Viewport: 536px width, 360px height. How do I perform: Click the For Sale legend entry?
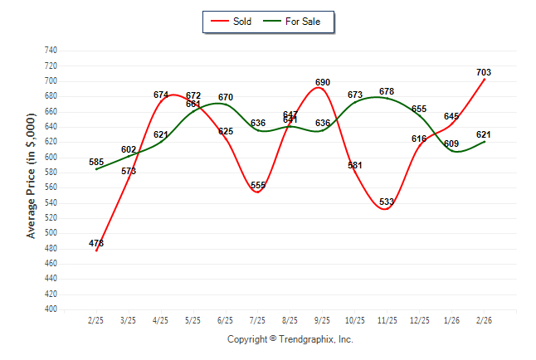pyautogui.click(x=296, y=22)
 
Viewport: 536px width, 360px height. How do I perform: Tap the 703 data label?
pyautogui.click(x=485, y=72)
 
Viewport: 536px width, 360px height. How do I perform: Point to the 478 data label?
pyautogui.click(x=96, y=243)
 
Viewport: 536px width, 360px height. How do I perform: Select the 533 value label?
pyautogui.click(x=387, y=202)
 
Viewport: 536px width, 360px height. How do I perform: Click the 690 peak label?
pyautogui.click(x=323, y=82)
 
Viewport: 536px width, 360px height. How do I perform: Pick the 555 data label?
pyautogui.click(x=258, y=185)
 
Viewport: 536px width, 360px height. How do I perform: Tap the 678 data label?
pyautogui.click(x=387, y=91)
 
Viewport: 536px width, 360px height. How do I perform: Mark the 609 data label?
pyautogui.click(x=452, y=144)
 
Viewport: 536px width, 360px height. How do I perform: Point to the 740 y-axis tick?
pyautogui.click(x=50, y=51)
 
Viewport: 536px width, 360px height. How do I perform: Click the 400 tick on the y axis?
pyautogui.click(x=50, y=309)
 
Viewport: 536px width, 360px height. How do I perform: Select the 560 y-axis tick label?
pyautogui.click(x=50, y=187)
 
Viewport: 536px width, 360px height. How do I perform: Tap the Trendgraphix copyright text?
pyautogui.click(x=290, y=339)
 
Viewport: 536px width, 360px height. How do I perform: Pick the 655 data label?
pyautogui.click(x=419, y=109)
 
